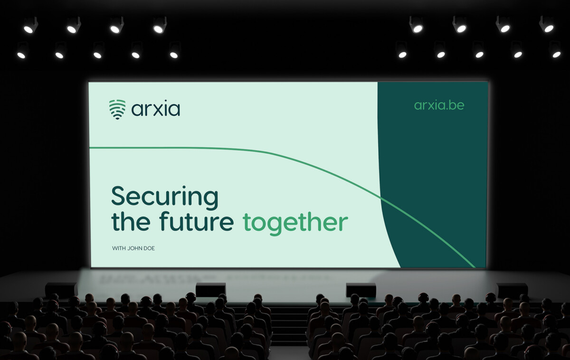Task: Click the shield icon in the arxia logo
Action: click(x=117, y=109)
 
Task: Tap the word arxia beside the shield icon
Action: click(x=156, y=110)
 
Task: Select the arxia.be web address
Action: click(x=439, y=105)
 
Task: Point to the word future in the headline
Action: click(x=196, y=222)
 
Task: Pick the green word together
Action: click(x=295, y=223)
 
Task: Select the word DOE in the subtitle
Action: click(x=149, y=248)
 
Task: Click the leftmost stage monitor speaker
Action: click(x=61, y=290)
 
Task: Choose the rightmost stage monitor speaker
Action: click(x=512, y=290)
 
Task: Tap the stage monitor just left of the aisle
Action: click(x=210, y=290)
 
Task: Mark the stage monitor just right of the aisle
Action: click(x=361, y=290)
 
